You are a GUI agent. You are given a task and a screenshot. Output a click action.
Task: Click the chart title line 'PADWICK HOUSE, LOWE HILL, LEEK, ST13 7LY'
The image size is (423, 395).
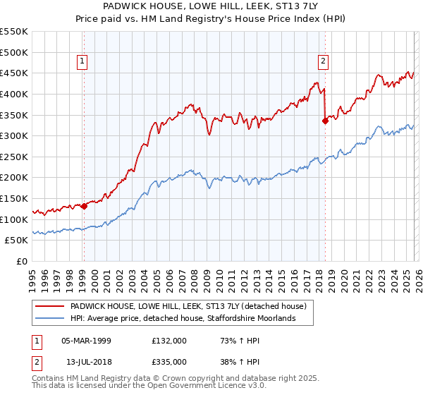point(211,6)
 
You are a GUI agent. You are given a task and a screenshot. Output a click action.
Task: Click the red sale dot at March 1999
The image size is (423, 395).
point(84,206)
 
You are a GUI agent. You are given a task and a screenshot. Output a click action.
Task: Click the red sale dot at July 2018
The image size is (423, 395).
point(325,121)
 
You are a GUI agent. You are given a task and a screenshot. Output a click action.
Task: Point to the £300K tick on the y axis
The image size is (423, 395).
point(14,135)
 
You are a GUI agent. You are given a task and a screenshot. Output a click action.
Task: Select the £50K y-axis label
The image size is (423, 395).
point(16,241)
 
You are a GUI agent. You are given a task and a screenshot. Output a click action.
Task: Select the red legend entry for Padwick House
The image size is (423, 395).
point(188,307)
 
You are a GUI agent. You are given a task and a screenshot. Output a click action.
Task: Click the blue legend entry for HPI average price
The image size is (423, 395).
point(181,319)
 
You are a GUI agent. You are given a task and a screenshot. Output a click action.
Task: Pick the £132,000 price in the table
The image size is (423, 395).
point(168,341)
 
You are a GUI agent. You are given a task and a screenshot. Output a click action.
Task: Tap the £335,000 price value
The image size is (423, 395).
point(168,361)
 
